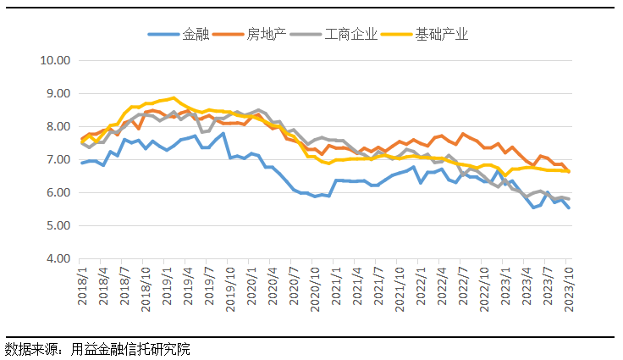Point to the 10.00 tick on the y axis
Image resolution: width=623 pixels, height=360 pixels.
tap(56, 60)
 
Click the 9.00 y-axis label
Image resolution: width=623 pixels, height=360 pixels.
tap(56, 93)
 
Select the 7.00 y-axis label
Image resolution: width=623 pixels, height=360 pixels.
tap(56, 159)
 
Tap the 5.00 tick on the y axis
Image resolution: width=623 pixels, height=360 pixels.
tap(56, 225)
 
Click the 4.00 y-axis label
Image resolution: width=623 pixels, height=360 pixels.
tap(56, 258)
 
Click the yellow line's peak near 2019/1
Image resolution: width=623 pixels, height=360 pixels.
tap(174, 98)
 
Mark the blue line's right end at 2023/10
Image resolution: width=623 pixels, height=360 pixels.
tap(568, 208)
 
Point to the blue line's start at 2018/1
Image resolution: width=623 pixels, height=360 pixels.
tap(82, 163)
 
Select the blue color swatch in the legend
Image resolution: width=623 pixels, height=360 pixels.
tap(163, 34)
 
